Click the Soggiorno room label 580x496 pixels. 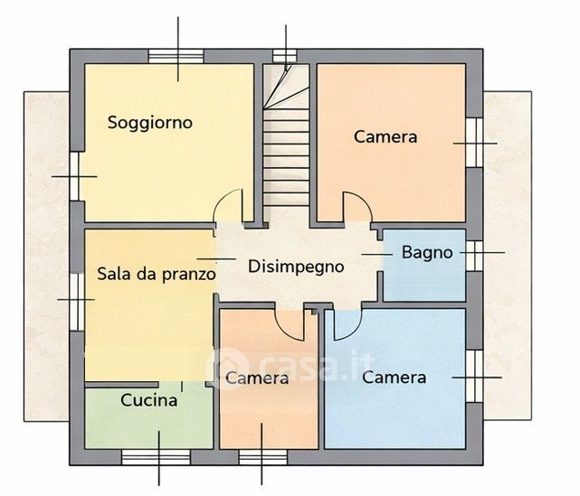click(x=150, y=122)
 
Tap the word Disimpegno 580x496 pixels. click(x=296, y=267)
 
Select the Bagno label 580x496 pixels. click(x=427, y=253)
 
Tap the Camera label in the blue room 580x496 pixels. click(x=394, y=377)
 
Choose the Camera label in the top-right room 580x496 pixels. click(x=385, y=137)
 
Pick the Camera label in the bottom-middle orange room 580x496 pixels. click(x=257, y=378)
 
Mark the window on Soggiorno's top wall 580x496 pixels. click(x=176, y=57)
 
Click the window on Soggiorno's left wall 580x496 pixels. click(x=76, y=175)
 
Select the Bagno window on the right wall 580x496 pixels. click(x=471, y=255)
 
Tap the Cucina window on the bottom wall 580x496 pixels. click(x=158, y=456)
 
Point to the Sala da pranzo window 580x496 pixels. click(x=76, y=299)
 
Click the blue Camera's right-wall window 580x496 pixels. click(x=471, y=376)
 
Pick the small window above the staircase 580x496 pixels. click(x=285, y=56)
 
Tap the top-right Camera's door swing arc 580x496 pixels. click(x=358, y=207)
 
